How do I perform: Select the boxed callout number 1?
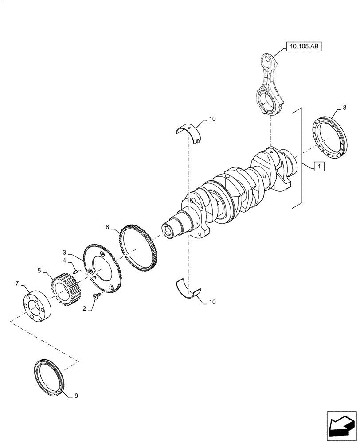[x=319, y=167]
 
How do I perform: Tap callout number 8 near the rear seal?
[x=344, y=107]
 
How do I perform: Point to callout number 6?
[x=107, y=227]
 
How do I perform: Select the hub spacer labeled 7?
[x=38, y=307]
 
